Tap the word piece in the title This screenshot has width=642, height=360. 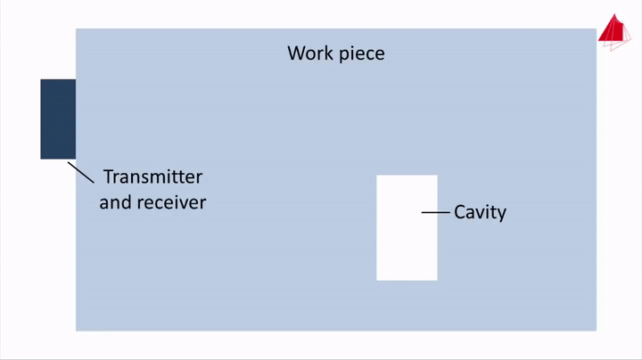coord(361,54)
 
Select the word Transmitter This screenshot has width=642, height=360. coord(152,176)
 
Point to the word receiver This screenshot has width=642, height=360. coord(170,202)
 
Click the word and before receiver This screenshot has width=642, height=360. coord(115,202)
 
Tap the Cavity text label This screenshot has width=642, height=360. coord(480,212)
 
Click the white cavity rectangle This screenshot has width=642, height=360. coord(407,241)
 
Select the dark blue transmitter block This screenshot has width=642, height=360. coord(58,119)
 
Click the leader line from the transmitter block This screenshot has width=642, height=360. coord(81,172)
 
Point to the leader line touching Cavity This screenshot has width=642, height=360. coord(436,212)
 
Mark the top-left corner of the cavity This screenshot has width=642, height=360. coord(377,176)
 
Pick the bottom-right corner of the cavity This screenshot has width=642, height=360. coord(437,280)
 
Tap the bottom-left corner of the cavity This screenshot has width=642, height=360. coord(377,280)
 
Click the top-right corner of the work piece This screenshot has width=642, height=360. coord(596,29)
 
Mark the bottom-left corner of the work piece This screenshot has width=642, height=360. coord(76,331)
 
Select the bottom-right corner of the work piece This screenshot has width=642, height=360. coord(596,331)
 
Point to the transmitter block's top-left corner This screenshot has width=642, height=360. coord(41,80)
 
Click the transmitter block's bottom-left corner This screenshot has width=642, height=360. coord(41,159)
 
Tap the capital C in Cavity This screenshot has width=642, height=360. coord(460,212)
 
